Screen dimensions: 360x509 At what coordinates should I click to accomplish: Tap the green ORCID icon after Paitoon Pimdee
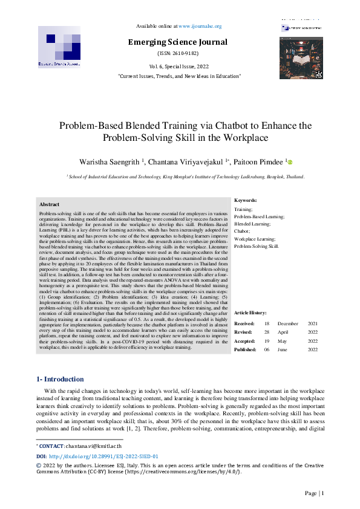290,162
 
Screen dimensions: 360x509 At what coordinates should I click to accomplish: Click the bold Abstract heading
49,205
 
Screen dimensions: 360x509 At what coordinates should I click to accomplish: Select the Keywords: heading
245,200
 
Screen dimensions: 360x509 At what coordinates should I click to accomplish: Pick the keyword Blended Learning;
252,224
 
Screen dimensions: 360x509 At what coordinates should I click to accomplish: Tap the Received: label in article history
244,324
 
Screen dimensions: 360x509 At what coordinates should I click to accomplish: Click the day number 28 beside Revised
267,332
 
